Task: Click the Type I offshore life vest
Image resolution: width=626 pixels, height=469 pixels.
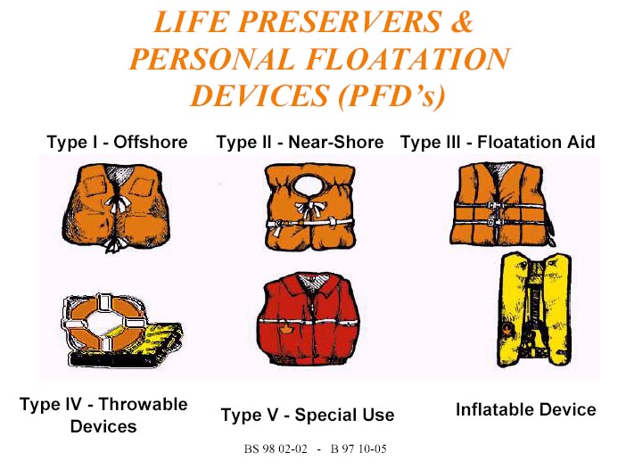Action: (116, 207)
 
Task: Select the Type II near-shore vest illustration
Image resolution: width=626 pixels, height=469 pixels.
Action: (310, 207)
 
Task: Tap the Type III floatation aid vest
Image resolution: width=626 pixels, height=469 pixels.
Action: (502, 203)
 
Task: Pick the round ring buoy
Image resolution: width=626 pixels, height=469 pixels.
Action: (102, 323)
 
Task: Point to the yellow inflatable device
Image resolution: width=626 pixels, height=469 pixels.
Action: (534, 309)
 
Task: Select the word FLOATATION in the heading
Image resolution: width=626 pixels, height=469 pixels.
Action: (408, 59)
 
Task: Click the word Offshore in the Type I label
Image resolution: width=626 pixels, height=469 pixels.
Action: (151, 142)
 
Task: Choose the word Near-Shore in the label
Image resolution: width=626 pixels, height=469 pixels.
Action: (336, 142)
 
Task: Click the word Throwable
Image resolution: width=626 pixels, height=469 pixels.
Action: (143, 404)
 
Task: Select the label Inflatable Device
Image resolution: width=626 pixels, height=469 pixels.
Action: (526, 410)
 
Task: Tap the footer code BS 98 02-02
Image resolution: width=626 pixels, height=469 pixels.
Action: (276, 449)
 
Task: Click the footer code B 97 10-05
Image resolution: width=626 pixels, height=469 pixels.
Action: (358, 449)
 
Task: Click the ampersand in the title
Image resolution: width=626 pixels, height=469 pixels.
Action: (462, 21)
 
